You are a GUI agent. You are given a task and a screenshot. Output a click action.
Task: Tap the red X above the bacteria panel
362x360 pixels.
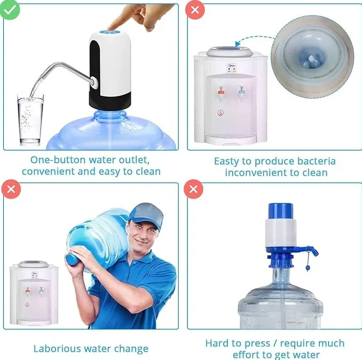tap(194, 10)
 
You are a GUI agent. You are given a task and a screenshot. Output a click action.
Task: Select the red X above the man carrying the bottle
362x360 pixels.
tap(9, 189)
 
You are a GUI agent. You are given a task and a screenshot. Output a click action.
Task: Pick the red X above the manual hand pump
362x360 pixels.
tap(194, 189)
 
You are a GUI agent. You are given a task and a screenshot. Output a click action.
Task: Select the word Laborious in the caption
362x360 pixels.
tap(58, 348)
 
